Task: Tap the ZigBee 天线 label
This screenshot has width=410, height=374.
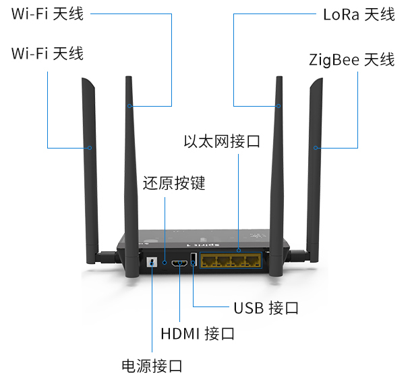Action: [351, 59]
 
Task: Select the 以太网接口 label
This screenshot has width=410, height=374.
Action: [222, 142]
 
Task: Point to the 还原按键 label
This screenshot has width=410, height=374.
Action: [173, 184]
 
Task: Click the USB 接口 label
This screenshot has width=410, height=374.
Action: [266, 309]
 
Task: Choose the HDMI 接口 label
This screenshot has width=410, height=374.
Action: [198, 333]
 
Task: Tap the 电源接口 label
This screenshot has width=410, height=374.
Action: [152, 366]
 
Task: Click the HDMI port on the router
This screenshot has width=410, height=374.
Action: [180, 262]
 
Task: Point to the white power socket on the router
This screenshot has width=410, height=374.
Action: [152, 262]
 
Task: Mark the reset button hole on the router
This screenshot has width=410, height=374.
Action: [165, 261]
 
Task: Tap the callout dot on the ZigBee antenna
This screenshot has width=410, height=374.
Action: [315, 147]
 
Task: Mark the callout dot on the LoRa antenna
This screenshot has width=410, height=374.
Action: [278, 106]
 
